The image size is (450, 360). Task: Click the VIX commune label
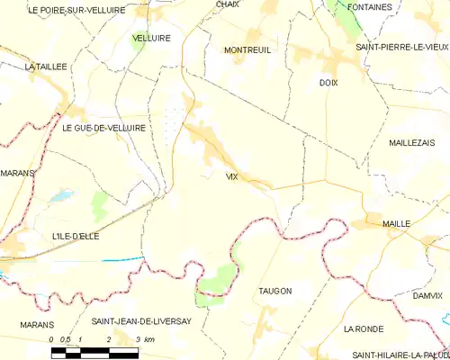click(232, 176)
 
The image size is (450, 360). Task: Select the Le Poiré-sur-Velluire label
click(63, 10)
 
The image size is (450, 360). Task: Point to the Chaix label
click(227, 4)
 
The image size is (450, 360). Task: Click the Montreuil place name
click(247, 50)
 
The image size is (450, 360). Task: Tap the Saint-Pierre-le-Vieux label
click(401, 46)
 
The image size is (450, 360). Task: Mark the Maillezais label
click(412, 143)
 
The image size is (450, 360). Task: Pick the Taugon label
click(274, 291)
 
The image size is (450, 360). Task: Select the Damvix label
click(427, 294)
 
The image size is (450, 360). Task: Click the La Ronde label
click(364, 329)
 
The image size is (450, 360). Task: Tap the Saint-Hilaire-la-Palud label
click(400, 355)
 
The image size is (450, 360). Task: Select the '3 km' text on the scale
click(143, 339)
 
